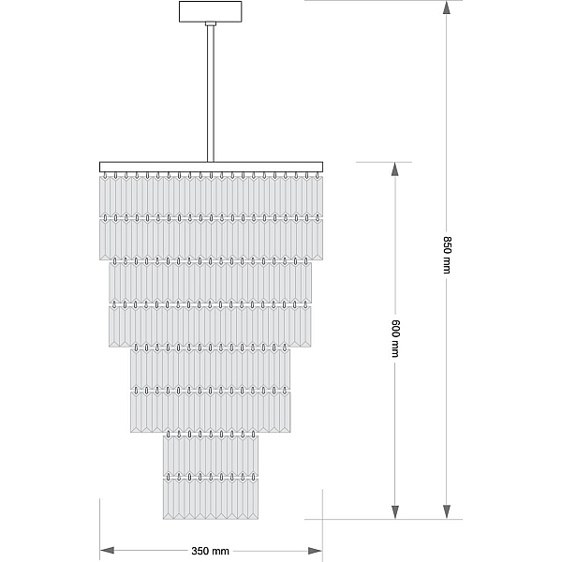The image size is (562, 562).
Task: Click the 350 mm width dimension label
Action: (x=210, y=551)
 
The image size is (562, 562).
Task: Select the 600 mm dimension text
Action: (x=395, y=338)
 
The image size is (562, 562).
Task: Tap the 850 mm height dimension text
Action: (x=447, y=255)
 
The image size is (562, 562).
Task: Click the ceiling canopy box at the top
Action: (x=211, y=11)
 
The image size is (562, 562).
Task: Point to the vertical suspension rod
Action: (x=211, y=94)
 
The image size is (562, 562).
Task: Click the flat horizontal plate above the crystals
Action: (x=211, y=167)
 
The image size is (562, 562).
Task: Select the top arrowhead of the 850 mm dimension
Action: (x=447, y=7)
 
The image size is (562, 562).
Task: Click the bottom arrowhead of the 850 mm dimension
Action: (x=447, y=511)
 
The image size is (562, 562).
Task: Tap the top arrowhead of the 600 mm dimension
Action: (x=395, y=170)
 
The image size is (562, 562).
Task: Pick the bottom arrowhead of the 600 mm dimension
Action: (x=395, y=511)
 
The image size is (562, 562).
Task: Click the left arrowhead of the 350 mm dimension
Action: (x=107, y=551)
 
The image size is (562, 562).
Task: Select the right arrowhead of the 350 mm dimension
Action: (x=316, y=551)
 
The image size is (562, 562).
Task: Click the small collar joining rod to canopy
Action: (x=211, y=23)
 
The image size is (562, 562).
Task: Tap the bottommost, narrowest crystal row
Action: (x=211, y=499)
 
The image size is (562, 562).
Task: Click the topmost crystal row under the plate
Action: (x=211, y=197)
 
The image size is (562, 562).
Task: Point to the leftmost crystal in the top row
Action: (x=105, y=197)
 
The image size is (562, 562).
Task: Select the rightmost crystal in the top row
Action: (x=318, y=197)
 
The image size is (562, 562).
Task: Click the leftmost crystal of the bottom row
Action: (x=169, y=499)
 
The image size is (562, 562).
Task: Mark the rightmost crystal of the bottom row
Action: (x=253, y=499)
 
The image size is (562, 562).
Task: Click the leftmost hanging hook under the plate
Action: (x=105, y=175)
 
